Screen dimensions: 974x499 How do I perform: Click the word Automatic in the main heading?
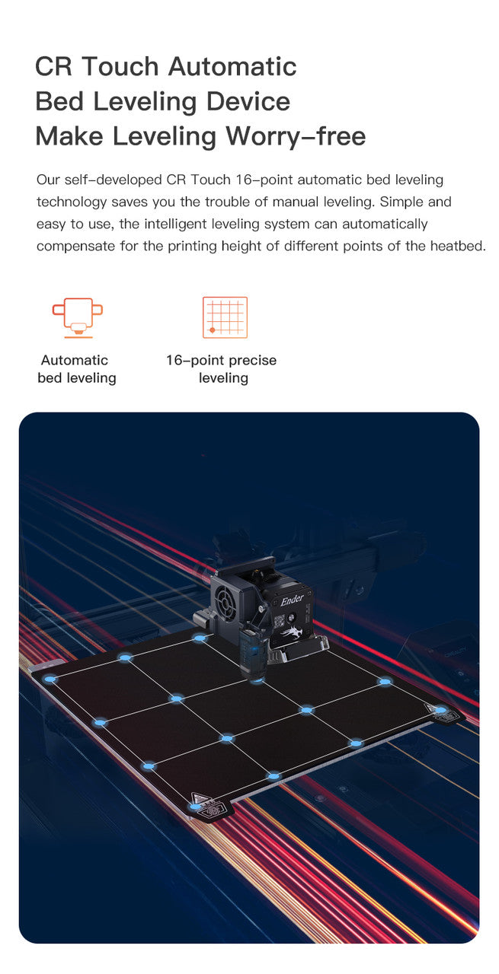pyautogui.click(x=232, y=66)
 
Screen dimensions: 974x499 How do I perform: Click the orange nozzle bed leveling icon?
pyautogui.click(x=77, y=317)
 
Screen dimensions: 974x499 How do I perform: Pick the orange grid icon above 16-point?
pyautogui.click(x=225, y=317)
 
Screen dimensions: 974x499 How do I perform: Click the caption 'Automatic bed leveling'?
pyautogui.click(x=76, y=369)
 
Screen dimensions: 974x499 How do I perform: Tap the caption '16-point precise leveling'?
pyautogui.click(x=222, y=369)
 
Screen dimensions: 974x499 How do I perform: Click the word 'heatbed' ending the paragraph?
pyautogui.click(x=459, y=247)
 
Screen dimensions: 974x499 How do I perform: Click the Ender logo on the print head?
pyautogui.click(x=292, y=600)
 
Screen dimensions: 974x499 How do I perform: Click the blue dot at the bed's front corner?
pyautogui.click(x=197, y=805)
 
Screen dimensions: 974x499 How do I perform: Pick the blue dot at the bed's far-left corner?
pyautogui.click(x=50, y=679)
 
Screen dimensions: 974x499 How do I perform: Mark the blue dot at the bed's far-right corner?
pyautogui.click(x=440, y=711)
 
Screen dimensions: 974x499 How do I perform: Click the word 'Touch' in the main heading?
pyautogui.click(x=122, y=66)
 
